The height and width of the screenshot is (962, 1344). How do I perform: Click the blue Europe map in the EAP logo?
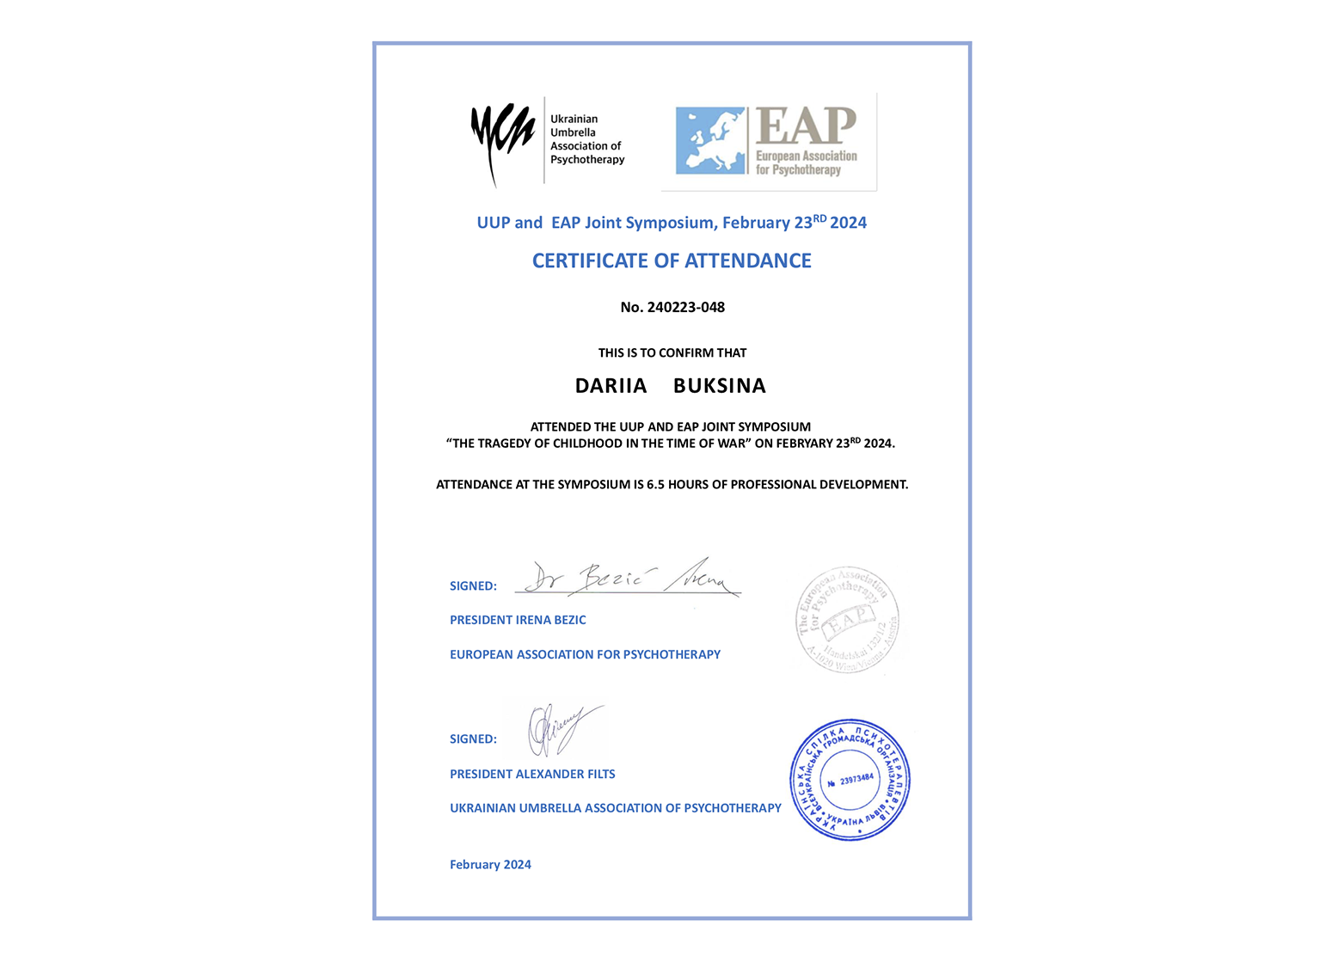click(x=710, y=141)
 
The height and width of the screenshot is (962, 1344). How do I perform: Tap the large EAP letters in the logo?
click(x=806, y=126)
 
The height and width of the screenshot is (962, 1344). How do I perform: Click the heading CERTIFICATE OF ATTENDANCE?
click(x=672, y=261)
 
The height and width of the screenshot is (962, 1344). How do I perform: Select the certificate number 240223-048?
click(x=685, y=308)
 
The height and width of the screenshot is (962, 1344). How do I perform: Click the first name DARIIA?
click(x=611, y=386)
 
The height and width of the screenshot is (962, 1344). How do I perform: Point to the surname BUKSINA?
click(x=720, y=386)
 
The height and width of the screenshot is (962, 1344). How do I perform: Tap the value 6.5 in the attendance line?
click(x=656, y=485)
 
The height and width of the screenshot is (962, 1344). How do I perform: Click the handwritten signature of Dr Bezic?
click(x=628, y=579)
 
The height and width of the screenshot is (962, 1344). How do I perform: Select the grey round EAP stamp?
click(x=848, y=620)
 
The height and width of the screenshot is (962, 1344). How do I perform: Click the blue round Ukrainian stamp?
click(x=850, y=780)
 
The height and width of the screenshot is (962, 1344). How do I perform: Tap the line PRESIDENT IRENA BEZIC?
click(x=518, y=620)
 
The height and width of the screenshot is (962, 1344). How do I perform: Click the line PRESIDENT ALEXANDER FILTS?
click(x=532, y=775)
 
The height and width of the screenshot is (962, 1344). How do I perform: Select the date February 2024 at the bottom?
click(x=490, y=865)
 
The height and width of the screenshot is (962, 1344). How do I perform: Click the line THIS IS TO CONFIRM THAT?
click(x=672, y=353)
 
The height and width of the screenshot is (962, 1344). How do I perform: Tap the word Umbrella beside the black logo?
click(x=573, y=132)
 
